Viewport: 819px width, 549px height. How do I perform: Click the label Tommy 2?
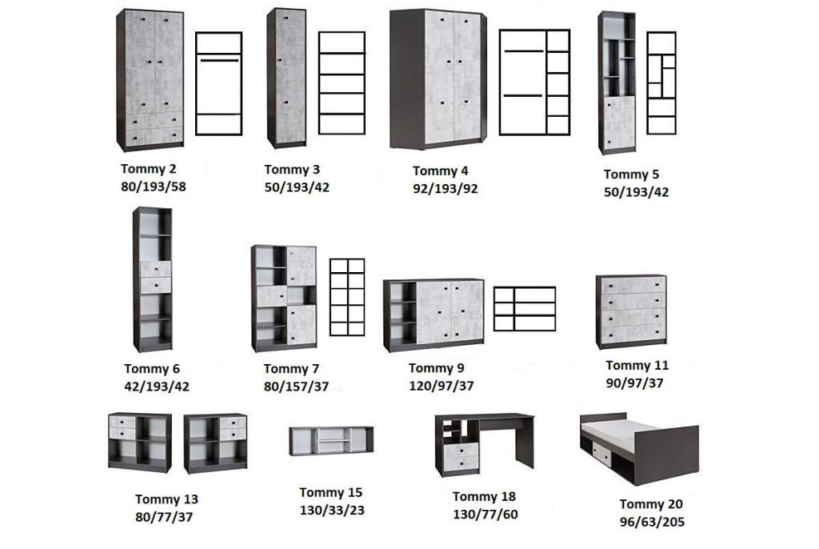point(148,169)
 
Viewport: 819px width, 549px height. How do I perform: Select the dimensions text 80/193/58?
point(153,186)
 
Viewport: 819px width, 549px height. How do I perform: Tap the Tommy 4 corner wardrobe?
point(438,79)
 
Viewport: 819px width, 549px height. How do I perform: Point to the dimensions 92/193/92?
point(445,189)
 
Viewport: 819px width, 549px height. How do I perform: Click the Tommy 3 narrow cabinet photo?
point(286,78)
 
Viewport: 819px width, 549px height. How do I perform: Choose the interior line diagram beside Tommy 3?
point(342,83)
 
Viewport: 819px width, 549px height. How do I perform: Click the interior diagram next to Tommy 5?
point(661,83)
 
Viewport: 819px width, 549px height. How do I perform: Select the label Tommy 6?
point(151,369)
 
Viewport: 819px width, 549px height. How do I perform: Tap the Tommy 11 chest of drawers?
point(631,311)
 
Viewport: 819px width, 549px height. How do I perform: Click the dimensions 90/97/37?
point(634,383)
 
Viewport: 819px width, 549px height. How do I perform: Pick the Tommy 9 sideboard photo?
point(433,315)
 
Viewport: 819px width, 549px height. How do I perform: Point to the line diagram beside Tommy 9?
point(525,309)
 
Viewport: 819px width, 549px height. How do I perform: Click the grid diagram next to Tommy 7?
point(347,297)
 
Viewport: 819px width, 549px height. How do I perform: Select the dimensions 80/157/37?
point(296,387)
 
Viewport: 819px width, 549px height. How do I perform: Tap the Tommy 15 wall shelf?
point(331,441)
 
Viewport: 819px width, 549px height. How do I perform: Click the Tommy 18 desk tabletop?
point(485,418)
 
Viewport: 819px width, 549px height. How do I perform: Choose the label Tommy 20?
point(651,504)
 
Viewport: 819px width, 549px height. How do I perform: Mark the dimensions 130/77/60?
point(485,515)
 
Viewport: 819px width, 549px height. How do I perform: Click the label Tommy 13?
point(166,499)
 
